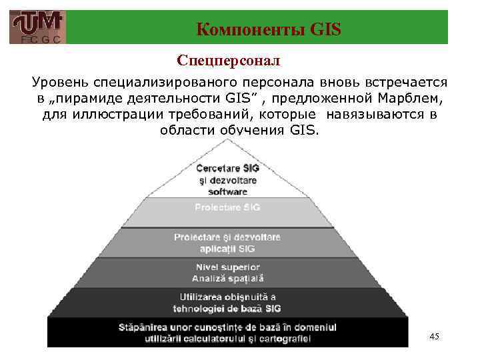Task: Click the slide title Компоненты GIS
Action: [269, 29]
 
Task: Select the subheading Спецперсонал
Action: [229, 61]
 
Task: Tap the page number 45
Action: [435, 337]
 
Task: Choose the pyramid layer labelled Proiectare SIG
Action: [227, 207]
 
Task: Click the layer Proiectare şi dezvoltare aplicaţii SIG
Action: [227, 243]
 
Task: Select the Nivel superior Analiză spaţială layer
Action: [227, 272]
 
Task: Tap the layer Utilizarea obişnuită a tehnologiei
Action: [227, 302]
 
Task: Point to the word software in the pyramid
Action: [227, 191]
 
